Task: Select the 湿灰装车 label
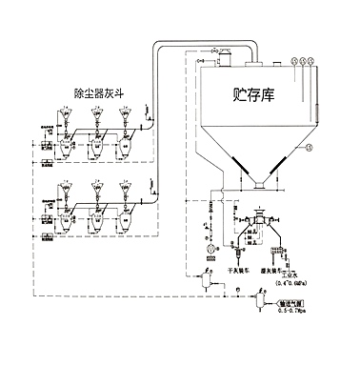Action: point(281,271)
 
